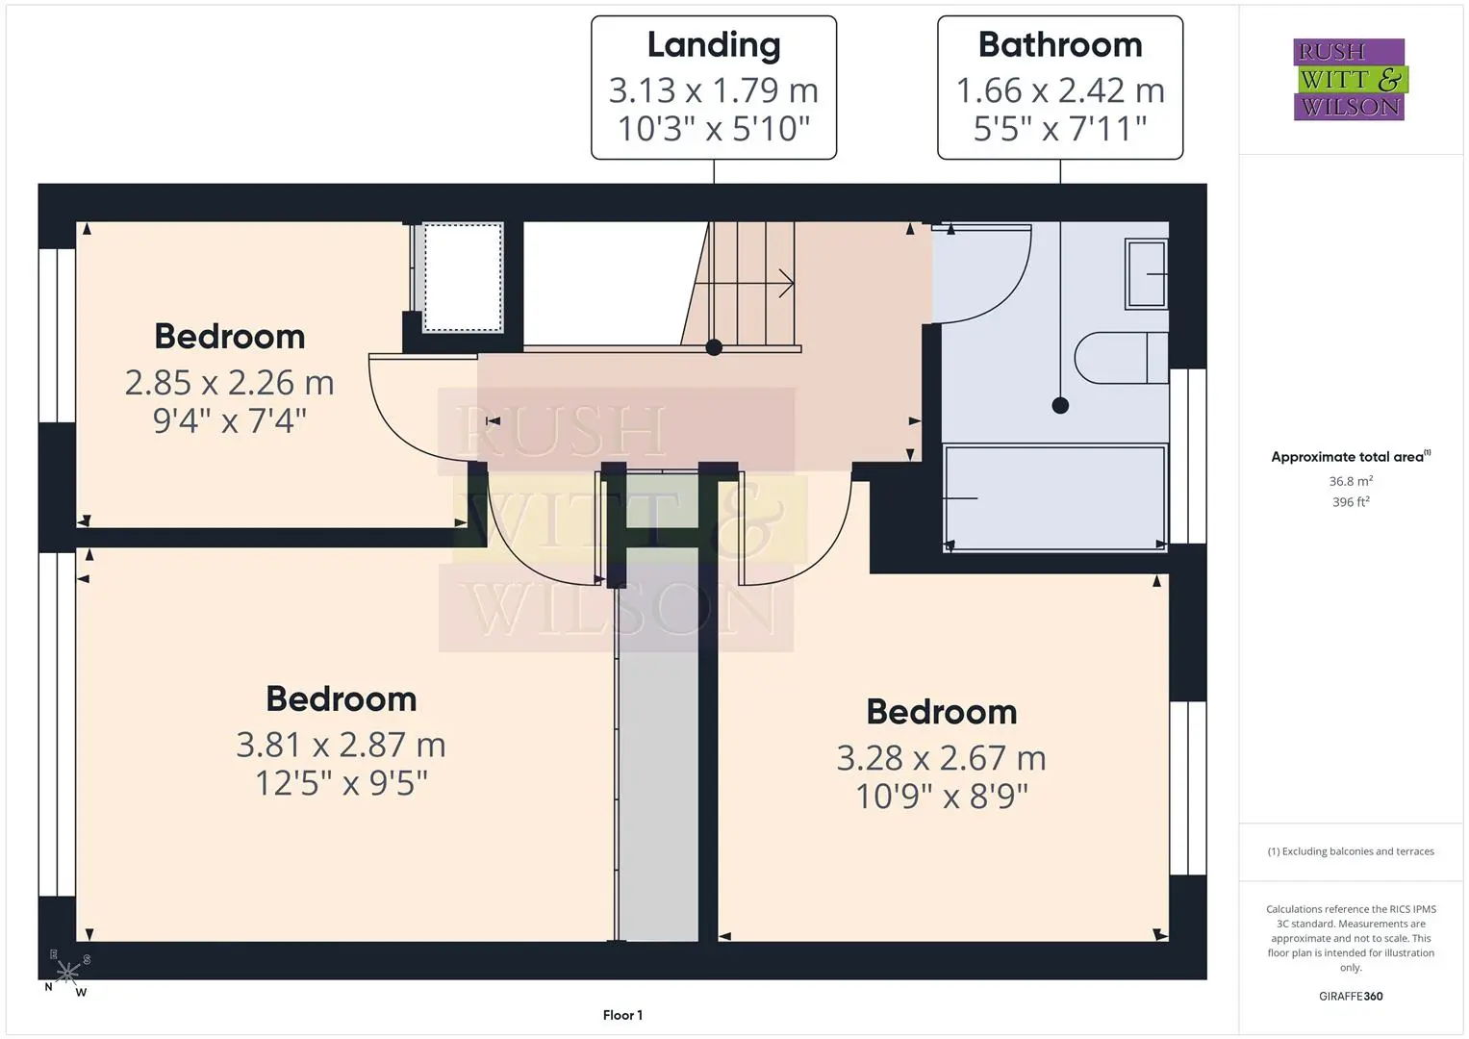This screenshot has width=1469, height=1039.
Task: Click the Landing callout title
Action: pyautogui.click(x=714, y=46)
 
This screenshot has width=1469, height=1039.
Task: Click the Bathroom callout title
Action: pyautogui.click(x=1060, y=44)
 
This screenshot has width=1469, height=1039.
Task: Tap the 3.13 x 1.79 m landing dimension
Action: pyautogui.click(x=714, y=90)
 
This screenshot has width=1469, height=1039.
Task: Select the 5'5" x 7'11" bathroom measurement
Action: pyautogui.click(x=1060, y=129)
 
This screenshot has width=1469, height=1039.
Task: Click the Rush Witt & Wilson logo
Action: pyautogui.click(x=1351, y=79)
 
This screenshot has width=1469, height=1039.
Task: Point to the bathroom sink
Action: pyautogui.click(x=1147, y=273)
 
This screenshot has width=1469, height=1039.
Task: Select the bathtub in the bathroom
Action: pyautogui.click(x=1054, y=498)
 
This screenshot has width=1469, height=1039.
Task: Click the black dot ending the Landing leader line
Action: pyautogui.click(x=714, y=347)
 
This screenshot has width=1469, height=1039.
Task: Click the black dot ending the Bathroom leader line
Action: pyautogui.click(x=1060, y=405)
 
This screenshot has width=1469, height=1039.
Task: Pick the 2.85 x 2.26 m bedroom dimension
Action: pyautogui.click(x=230, y=383)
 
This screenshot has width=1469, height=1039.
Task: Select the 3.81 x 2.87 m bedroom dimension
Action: pyautogui.click(x=341, y=746)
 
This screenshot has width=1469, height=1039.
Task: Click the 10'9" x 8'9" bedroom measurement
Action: pyautogui.click(x=942, y=797)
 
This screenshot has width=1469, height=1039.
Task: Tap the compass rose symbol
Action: pyautogui.click(x=67, y=972)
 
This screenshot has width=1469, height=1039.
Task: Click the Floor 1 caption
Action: pyautogui.click(x=622, y=1015)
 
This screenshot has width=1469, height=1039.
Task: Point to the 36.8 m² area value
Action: pyautogui.click(x=1351, y=481)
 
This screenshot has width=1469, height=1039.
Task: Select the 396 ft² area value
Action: pyautogui.click(x=1351, y=502)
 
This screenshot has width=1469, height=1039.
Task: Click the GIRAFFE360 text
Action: pyautogui.click(x=1351, y=997)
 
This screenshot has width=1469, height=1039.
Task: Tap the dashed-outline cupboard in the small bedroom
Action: pyautogui.click(x=463, y=277)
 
